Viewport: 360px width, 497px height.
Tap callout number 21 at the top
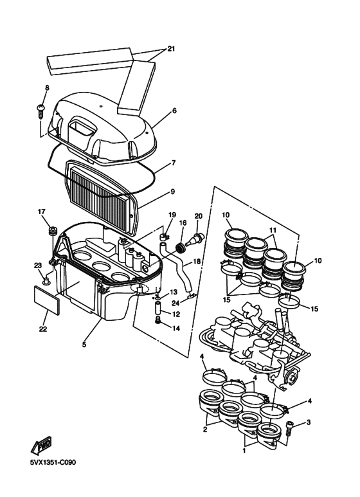(171, 49)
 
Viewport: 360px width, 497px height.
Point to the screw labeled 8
(41, 111)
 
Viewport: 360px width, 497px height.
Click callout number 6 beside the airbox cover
(174, 111)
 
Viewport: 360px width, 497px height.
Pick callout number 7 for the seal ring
(174, 163)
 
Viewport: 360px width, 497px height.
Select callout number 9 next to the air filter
(173, 192)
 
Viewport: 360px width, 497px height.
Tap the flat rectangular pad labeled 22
(46, 300)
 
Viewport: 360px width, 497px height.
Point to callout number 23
(38, 266)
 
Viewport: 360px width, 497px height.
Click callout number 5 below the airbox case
(84, 345)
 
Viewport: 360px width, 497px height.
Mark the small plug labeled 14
(157, 321)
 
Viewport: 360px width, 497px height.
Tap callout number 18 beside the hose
(197, 262)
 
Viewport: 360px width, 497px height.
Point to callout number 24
(175, 303)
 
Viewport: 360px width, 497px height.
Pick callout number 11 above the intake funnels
(273, 230)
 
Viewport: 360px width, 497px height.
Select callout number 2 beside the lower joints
(205, 429)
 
